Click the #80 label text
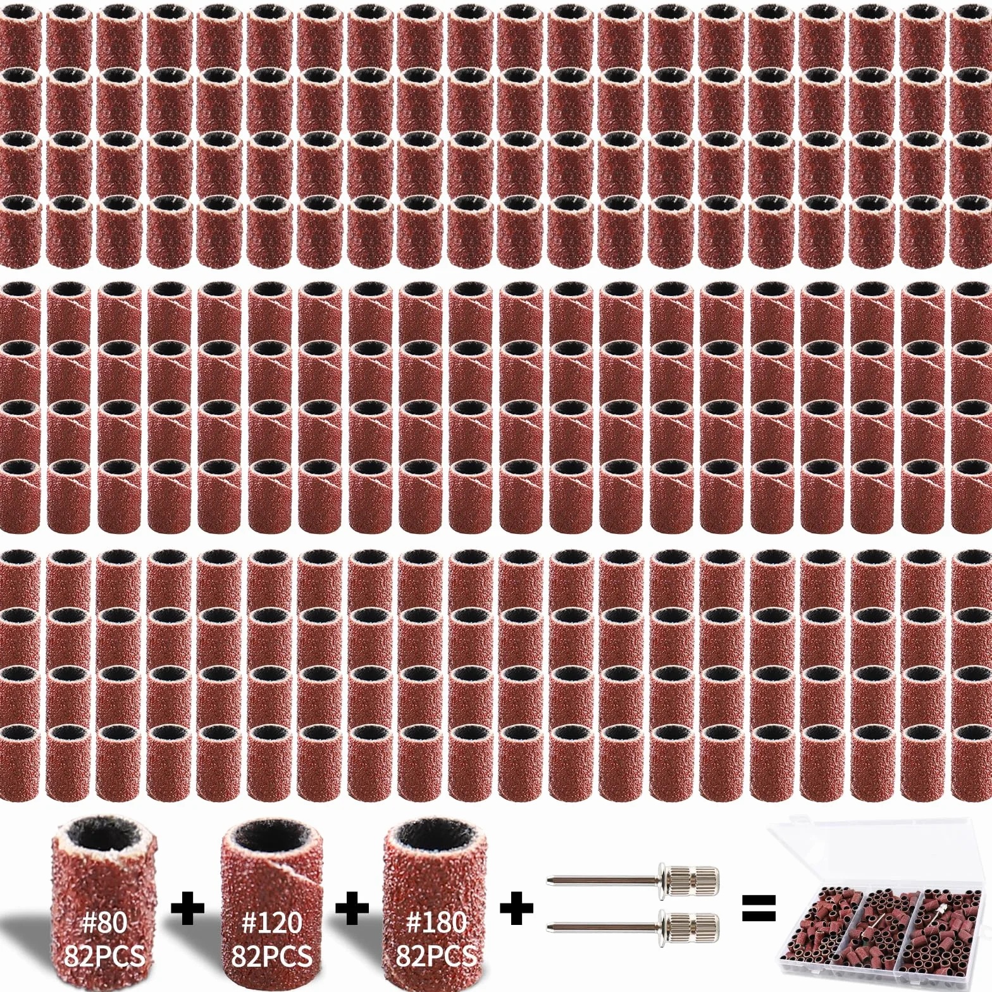pos(104,923)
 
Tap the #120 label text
pos(271,923)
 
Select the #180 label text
pos(436,923)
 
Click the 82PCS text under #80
pos(104,955)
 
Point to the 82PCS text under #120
pos(271,955)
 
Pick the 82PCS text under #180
pos(436,955)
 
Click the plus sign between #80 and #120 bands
pos(188,910)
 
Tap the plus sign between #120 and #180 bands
pos(352,910)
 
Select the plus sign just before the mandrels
pos(517,910)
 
